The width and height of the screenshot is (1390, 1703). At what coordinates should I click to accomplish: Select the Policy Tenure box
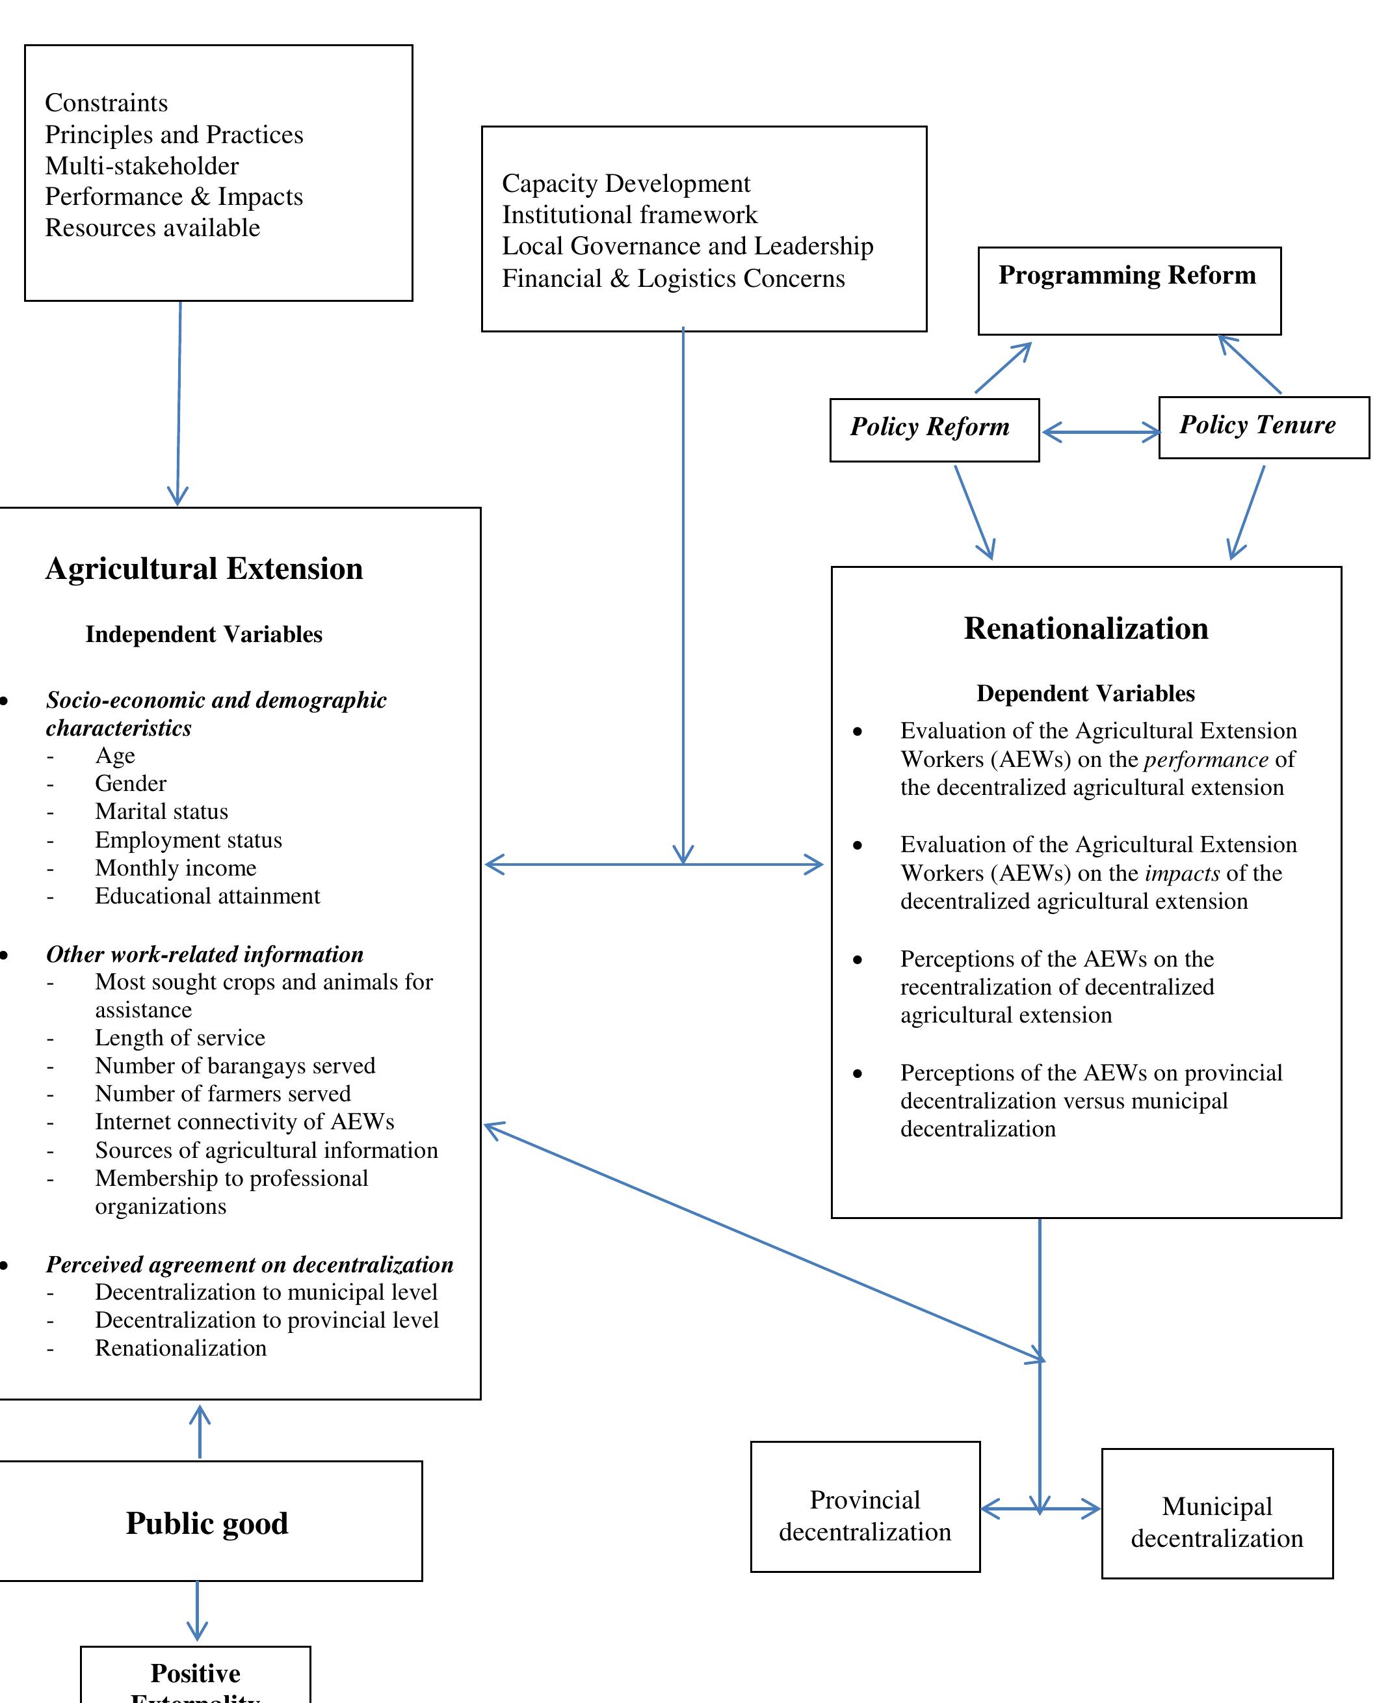pos(1263,427)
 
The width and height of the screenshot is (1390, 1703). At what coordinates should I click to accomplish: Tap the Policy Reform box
pos(934,429)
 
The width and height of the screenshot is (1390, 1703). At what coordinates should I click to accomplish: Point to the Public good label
pos(207,1523)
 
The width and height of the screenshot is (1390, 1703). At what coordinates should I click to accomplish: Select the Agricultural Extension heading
pos(204,569)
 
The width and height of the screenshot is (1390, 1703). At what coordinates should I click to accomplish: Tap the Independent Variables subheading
pos(203,634)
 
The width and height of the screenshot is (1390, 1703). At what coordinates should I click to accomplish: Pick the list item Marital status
pos(161,811)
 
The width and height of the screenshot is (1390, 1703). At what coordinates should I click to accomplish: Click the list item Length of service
pos(179,1038)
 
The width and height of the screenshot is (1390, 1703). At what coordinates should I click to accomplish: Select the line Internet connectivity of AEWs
pos(244,1121)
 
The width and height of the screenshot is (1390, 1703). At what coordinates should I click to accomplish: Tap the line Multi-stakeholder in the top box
pos(142,166)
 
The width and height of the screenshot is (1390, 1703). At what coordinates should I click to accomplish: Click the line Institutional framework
pos(629,215)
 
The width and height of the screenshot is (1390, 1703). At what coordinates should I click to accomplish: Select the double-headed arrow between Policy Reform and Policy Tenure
pos(1100,433)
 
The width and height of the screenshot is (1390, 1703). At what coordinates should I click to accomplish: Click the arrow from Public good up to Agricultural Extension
pos(200,1432)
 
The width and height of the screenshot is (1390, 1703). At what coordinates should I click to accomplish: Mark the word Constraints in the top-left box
pos(107,103)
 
